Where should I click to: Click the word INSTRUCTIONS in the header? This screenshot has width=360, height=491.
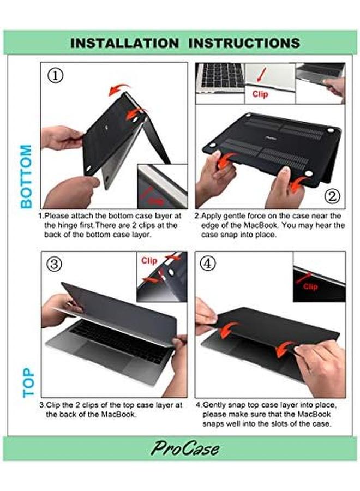click(x=243, y=43)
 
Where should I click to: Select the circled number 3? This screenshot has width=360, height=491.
click(x=55, y=264)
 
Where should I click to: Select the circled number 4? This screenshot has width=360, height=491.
click(x=208, y=264)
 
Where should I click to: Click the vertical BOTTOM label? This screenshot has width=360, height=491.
click(x=26, y=176)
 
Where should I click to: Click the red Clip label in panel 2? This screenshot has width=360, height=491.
click(x=260, y=94)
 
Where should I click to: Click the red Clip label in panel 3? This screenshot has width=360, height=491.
click(x=149, y=261)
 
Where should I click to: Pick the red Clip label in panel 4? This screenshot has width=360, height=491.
click(x=310, y=286)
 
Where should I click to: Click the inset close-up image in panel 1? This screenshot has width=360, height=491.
click(x=162, y=186)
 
